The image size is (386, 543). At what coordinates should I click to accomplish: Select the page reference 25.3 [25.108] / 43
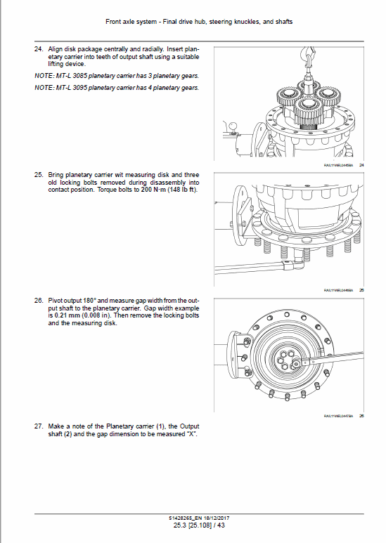tap(193, 526)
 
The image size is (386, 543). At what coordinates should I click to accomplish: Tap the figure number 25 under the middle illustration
tap(361, 289)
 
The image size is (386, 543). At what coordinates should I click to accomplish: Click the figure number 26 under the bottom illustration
tap(361, 416)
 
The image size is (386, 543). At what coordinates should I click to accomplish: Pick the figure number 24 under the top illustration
tap(361, 164)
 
